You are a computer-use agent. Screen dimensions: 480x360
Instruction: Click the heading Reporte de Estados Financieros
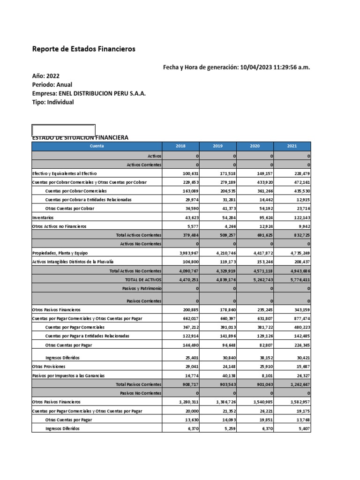[84, 49]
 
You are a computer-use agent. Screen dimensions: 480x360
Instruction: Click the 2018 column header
[180, 146]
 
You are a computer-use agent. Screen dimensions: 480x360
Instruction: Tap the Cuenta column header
[97, 146]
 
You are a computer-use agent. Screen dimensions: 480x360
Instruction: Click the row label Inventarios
[43, 217]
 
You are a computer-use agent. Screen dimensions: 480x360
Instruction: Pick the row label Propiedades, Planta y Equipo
[60, 253]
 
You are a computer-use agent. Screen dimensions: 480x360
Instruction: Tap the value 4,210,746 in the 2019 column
[224, 253]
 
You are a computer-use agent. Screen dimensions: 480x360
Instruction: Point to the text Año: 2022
[46, 76]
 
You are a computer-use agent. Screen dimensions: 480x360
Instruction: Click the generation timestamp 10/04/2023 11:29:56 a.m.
[274, 67]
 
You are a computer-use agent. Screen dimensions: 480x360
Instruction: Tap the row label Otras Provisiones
[49, 366]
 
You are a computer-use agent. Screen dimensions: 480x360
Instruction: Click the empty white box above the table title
[63, 130]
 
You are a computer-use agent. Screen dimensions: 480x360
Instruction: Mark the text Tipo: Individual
[53, 102]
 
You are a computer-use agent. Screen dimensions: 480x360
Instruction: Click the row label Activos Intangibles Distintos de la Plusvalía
[73, 262]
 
